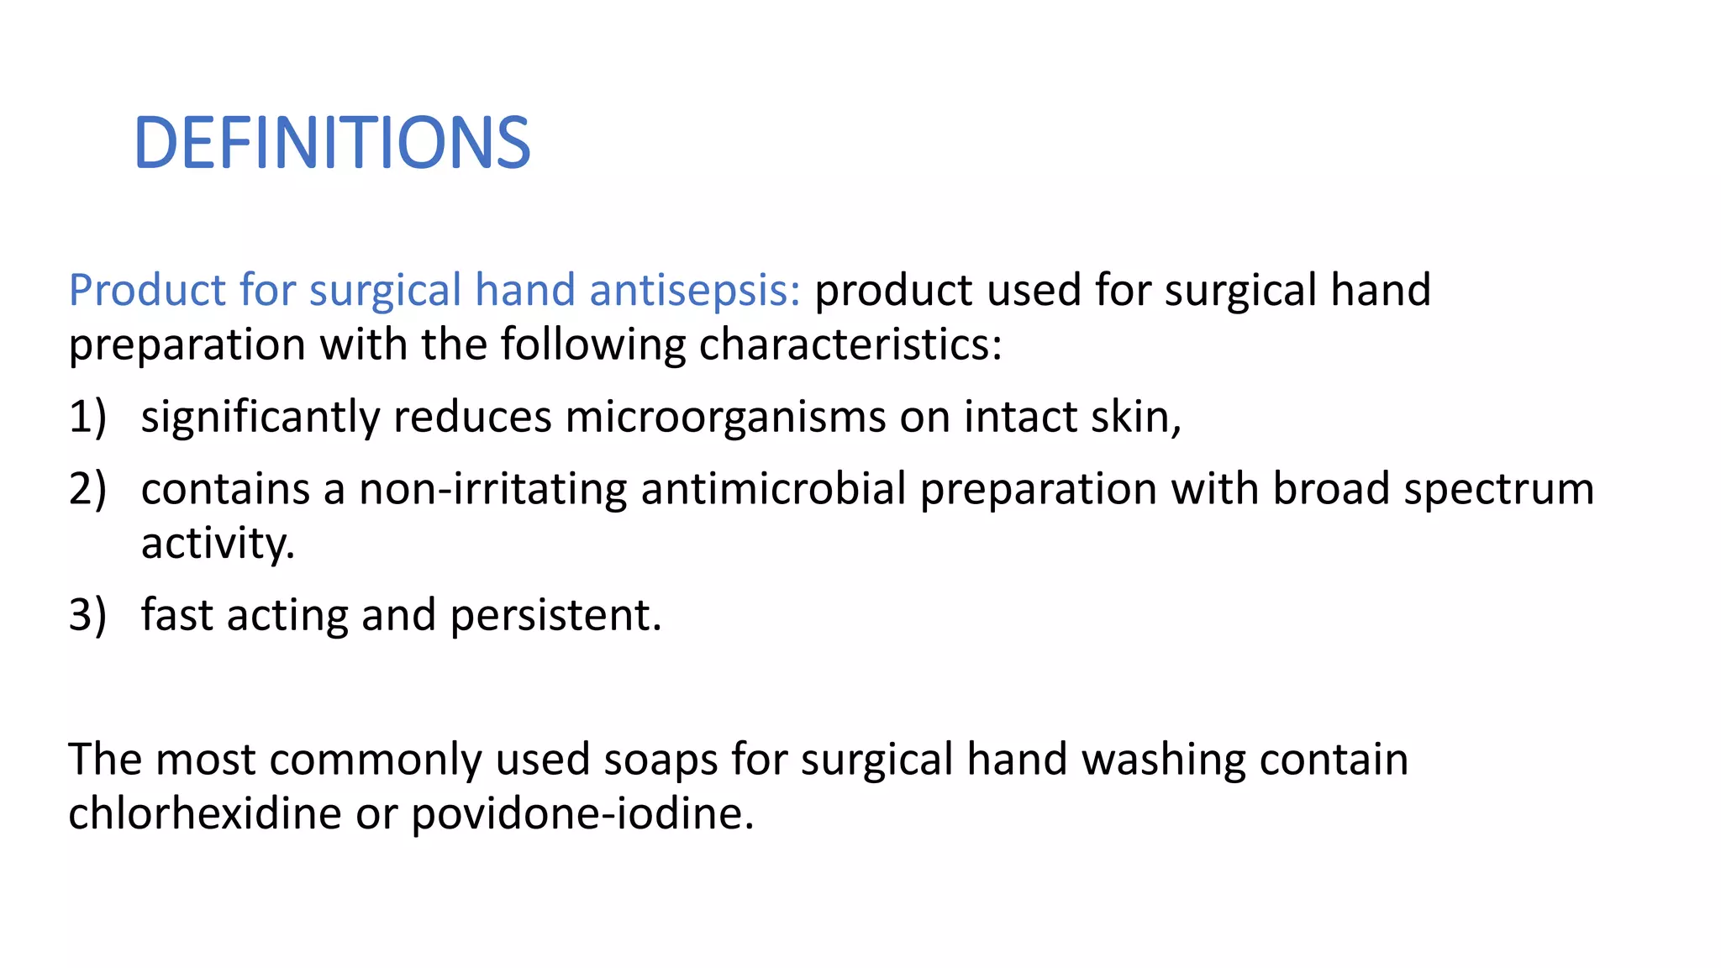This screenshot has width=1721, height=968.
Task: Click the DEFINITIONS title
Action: (x=332, y=143)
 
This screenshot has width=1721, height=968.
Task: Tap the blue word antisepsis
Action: (x=694, y=290)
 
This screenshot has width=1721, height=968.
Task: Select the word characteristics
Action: (x=850, y=345)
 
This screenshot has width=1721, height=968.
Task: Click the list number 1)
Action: (x=87, y=417)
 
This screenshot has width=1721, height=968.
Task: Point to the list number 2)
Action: (x=87, y=489)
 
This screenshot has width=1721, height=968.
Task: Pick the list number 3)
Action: (x=87, y=615)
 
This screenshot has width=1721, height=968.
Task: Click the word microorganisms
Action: (x=724, y=418)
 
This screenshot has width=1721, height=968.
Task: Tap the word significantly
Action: (x=260, y=418)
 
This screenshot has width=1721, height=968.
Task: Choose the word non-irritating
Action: (x=492, y=489)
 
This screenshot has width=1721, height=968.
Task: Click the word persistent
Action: (x=555, y=615)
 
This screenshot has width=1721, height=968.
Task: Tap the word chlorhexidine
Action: (x=204, y=813)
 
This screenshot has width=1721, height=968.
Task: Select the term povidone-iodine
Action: (x=582, y=814)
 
